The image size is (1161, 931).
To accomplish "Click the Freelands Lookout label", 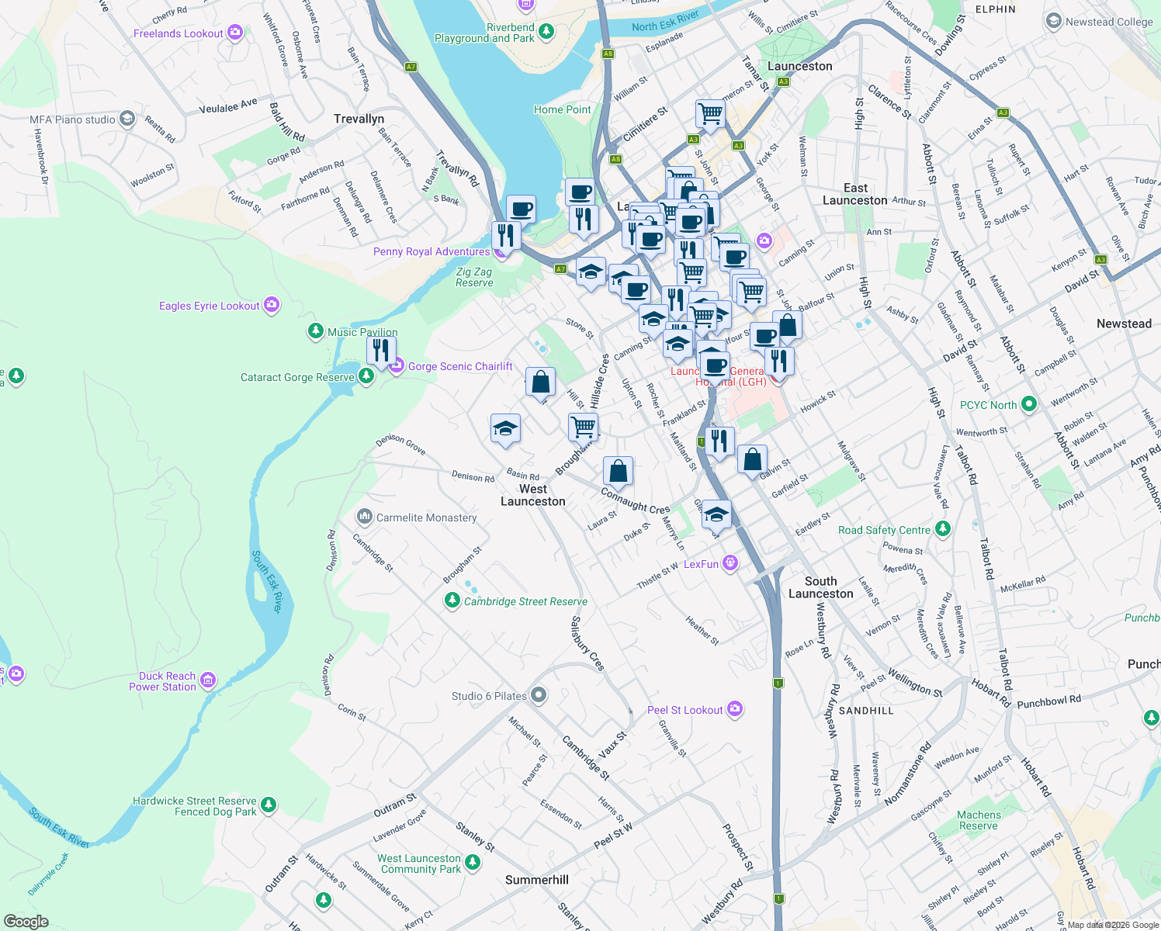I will [178, 33].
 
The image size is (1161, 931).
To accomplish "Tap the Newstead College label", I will [1109, 22].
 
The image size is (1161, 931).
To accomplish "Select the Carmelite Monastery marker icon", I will [365, 517].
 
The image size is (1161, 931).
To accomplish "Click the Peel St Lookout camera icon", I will [736, 709].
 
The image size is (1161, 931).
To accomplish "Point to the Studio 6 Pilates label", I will [489, 696].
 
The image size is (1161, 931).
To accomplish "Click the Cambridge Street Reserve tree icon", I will [452, 600].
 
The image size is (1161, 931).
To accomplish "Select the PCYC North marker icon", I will [1029, 404].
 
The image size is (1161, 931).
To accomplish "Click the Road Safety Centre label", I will [884, 530].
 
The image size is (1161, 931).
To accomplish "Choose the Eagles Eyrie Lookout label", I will [209, 306].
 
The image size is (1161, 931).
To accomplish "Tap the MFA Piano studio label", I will [72, 119].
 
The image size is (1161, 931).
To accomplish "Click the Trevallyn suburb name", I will [359, 119].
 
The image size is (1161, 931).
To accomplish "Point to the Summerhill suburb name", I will [536, 880].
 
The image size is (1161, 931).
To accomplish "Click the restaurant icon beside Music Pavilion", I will [381, 351].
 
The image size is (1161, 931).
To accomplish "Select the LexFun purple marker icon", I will [730, 563].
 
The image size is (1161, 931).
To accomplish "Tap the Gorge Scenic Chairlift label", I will [460, 366].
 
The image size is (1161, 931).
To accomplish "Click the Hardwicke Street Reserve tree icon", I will [269, 805].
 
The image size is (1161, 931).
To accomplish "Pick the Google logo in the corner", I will [26, 922].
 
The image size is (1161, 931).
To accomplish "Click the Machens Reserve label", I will [979, 820].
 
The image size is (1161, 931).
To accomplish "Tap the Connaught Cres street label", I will [635, 501].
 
